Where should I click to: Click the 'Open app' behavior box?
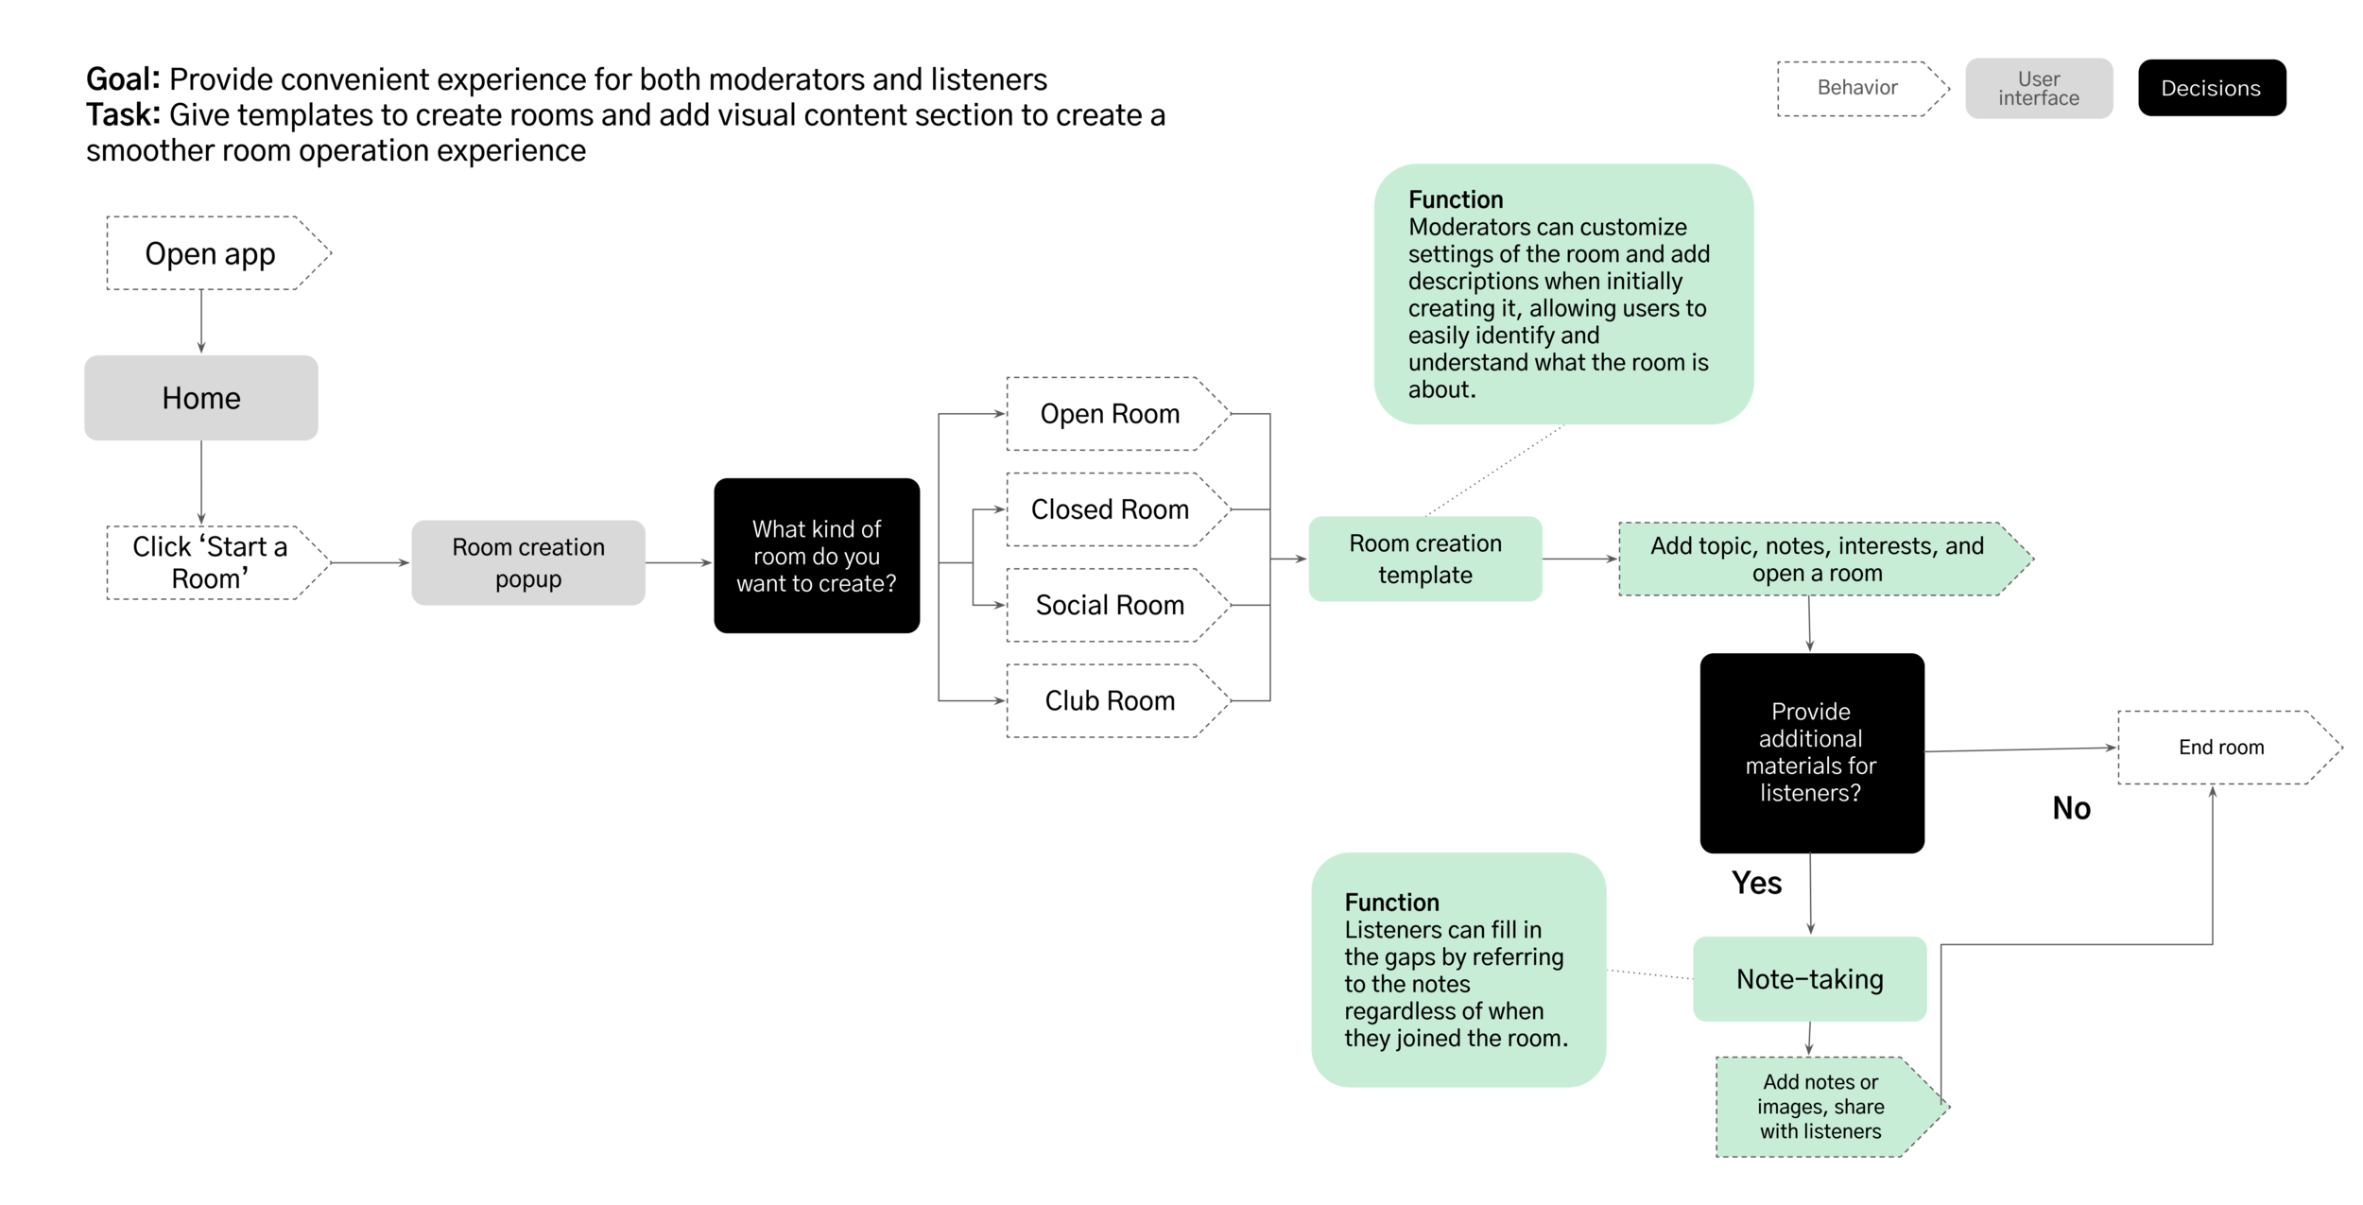pos(211,253)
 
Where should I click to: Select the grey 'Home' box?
pos(200,398)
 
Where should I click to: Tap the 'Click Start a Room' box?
pos(211,562)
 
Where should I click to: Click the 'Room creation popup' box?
pos(527,562)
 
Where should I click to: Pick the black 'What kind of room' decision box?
pos(816,556)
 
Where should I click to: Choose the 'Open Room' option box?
pos(1110,414)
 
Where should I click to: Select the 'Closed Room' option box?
pos(1110,509)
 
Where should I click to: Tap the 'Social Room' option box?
pos(1110,605)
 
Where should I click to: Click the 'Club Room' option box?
pos(1110,700)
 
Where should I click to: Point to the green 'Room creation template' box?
pos(1424,559)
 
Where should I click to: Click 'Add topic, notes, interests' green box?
pos(1816,559)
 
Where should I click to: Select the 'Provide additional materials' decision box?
pos(1810,752)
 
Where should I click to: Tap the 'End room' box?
pos(2220,748)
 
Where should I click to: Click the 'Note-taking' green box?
pos(1809,979)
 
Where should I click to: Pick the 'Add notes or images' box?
pos(1820,1106)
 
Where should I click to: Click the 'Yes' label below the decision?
pos(1756,883)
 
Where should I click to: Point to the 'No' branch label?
pos(2071,808)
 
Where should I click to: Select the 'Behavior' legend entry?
pos(1856,88)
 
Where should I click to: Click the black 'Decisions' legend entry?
pos(2211,88)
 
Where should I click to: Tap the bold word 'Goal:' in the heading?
pos(123,79)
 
